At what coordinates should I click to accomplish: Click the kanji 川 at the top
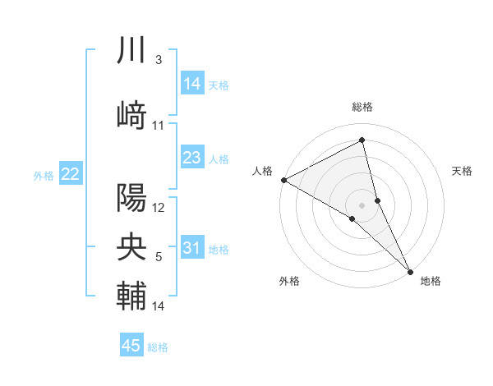point(131,51)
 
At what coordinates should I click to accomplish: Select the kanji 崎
point(131,115)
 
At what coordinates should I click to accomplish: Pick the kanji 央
point(131,246)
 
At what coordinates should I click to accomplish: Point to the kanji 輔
point(131,295)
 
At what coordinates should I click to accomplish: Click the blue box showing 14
point(191,83)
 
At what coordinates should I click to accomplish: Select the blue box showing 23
point(191,158)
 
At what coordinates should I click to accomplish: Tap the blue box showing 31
point(191,248)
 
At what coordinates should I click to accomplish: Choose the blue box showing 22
point(71,173)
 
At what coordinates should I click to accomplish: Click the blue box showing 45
point(131,346)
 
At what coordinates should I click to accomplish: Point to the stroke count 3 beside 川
point(158,60)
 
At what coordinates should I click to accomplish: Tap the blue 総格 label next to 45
point(158,347)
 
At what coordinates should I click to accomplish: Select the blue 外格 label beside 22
point(44,175)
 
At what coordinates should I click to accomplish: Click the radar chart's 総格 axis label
point(362,107)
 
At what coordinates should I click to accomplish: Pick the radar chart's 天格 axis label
point(462,171)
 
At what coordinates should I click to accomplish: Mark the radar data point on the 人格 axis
point(283,180)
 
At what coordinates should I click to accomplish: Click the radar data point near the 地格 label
point(410,271)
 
